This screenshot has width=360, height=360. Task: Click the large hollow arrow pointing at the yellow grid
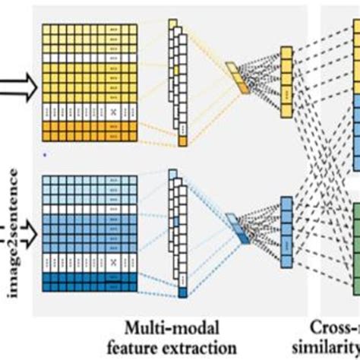[21, 89]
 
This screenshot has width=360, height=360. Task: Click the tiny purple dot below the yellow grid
[44, 154]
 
